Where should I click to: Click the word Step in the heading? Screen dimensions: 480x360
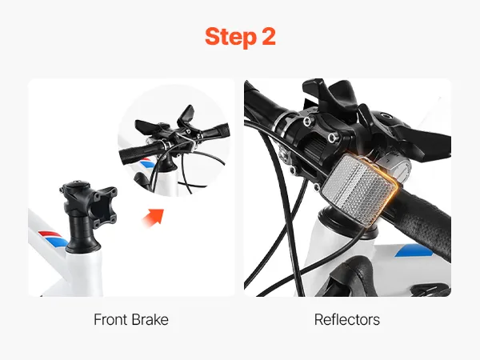click(x=230, y=37)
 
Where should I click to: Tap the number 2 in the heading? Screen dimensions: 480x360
click(x=269, y=37)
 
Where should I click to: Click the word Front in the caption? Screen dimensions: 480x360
click(x=110, y=319)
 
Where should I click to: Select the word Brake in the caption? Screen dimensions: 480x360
click(x=150, y=319)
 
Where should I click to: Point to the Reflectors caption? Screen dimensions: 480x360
click(x=347, y=319)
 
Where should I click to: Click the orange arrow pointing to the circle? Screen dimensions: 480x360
click(x=154, y=217)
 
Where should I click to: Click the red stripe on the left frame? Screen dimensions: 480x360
click(x=50, y=234)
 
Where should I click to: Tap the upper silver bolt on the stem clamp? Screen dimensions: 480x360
click(x=306, y=122)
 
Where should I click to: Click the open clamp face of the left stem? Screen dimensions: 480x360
click(x=105, y=204)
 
